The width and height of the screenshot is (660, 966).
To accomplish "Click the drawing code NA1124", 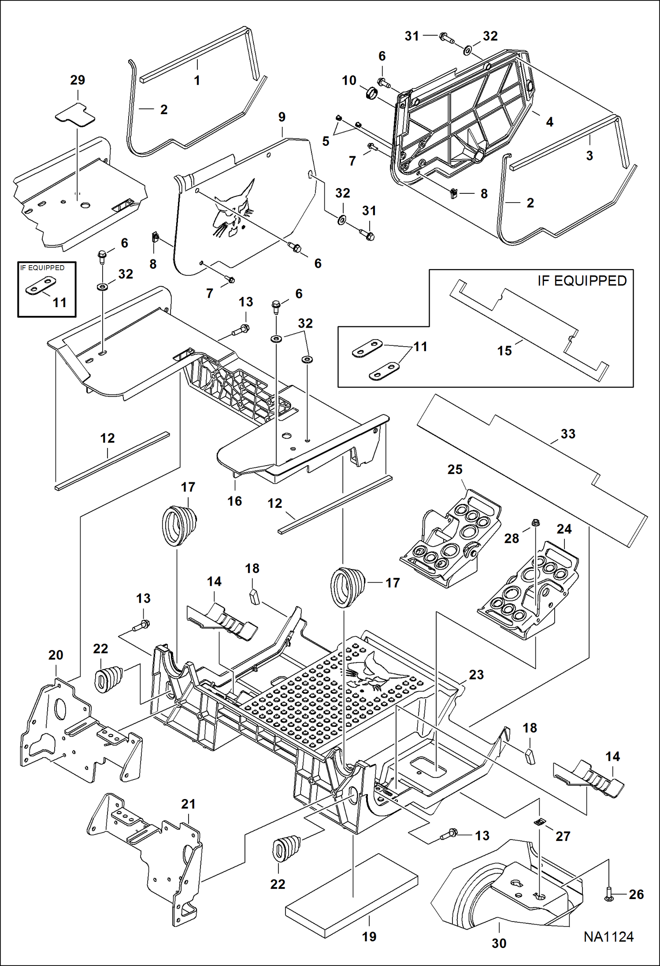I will (608, 936).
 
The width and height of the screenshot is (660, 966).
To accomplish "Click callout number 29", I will (78, 80).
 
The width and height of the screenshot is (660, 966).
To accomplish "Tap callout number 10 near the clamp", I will (349, 81).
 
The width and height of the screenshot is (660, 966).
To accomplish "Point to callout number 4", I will (549, 122).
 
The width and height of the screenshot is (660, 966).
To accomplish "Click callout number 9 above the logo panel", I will (282, 117).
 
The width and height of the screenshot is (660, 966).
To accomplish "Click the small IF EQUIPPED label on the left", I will (42, 268).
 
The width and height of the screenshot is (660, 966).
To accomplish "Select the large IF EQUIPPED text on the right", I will (582, 281).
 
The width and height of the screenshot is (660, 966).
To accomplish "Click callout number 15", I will (504, 351).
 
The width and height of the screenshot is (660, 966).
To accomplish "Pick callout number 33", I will (568, 434).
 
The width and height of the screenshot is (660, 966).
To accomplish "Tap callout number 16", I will (234, 501).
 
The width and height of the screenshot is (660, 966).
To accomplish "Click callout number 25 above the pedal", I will (455, 470).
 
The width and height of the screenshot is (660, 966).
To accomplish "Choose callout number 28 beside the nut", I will (512, 538).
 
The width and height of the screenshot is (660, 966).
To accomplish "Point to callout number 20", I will (56, 655).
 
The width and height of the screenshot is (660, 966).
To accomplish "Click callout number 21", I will (188, 804).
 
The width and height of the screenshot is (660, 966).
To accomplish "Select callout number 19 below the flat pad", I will (369, 936).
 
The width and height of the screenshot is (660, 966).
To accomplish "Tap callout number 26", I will (636, 894).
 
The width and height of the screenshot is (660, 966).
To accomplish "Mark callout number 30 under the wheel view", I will (499, 943).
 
